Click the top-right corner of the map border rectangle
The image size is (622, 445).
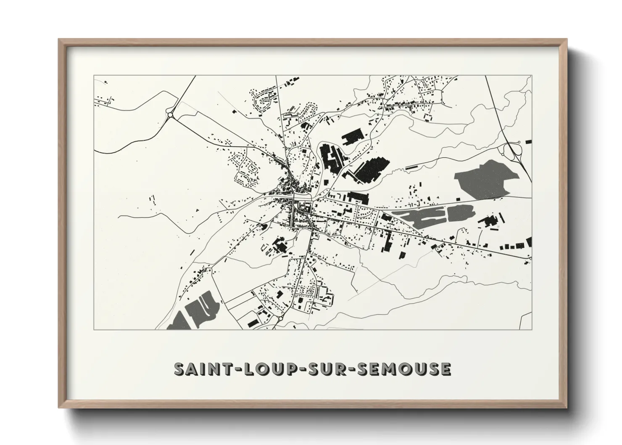point(531,76)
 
